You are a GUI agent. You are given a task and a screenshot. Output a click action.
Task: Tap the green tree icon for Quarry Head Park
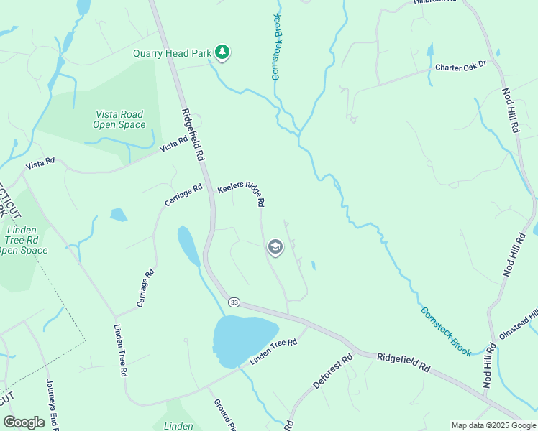(x=223, y=52)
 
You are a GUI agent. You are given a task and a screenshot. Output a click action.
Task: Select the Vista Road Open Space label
(x=119, y=119)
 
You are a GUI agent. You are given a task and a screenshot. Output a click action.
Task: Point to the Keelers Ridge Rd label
(x=242, y=193)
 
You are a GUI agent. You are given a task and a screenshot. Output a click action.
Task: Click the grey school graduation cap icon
(x=275, y=248)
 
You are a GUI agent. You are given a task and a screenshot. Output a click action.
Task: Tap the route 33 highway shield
(x=234, y=302)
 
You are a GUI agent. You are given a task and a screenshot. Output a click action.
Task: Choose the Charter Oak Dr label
(x=461, y=67)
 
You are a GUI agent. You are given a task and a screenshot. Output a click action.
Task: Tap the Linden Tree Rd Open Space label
(x=23, y=240)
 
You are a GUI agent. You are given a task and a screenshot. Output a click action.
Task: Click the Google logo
(x=24, y=422)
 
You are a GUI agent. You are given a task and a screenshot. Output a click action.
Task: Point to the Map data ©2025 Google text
(x=493, y=425)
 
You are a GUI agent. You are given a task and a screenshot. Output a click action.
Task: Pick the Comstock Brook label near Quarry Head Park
(x=278, y=46)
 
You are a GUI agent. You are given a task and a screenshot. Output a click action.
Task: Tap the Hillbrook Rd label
(x=435, y=2)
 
